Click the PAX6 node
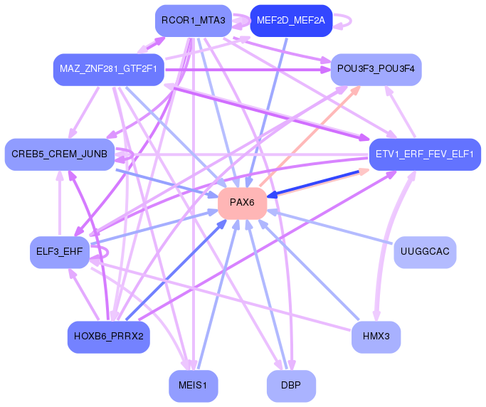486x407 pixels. click(x=243, y=203)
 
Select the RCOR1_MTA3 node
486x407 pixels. click(x=194, y=21)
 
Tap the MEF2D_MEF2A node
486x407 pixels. click(x=291, y=21)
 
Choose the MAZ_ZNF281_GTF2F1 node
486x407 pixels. click(x=108, y=70)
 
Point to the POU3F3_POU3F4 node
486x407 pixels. click(x=376, y=70)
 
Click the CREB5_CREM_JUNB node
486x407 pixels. click(x=60, y=154)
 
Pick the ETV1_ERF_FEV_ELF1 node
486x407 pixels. click(x=425, y=154)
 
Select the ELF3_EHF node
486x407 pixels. click(x=60, y=252)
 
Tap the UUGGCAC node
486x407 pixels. click(x=425, y=252)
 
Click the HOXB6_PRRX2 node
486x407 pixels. click(x=108, y=337)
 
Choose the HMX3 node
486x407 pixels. click(x=376, y=337)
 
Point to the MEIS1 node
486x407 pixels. click(x=194, y=386)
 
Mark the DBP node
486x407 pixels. click(x=291, y=386)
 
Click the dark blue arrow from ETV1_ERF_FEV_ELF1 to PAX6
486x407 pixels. click(x=313, y=184)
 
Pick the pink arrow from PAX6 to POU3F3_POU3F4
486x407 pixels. click(x=310, y=137)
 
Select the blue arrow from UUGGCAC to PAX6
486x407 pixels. click(x=330, y=226)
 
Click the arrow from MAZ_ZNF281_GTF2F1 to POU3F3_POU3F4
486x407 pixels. click(x=248, y=70)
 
